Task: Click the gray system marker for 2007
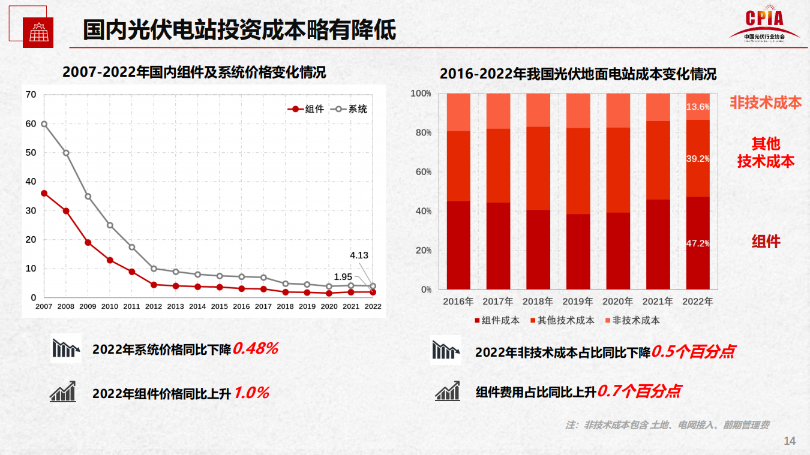(x=44, y=124)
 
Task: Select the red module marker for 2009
(x=88, y=243)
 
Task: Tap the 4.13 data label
(x=359, y=255)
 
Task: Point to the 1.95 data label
(x=343, y=276)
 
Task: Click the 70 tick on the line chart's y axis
(x=31, y=95)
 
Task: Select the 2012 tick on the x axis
(x=154, y=306)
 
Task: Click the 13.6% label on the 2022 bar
(x=698, y=107)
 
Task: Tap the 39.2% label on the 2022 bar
(x=698, y=159)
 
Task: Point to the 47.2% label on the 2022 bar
(x=698, y=243)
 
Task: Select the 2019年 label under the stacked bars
(x=578, y=302)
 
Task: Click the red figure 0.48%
(x=256, y=349)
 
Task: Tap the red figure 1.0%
(x=251, y=393)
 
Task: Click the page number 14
(x=790, y=441)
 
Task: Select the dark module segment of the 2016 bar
(x=458, y=245)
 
